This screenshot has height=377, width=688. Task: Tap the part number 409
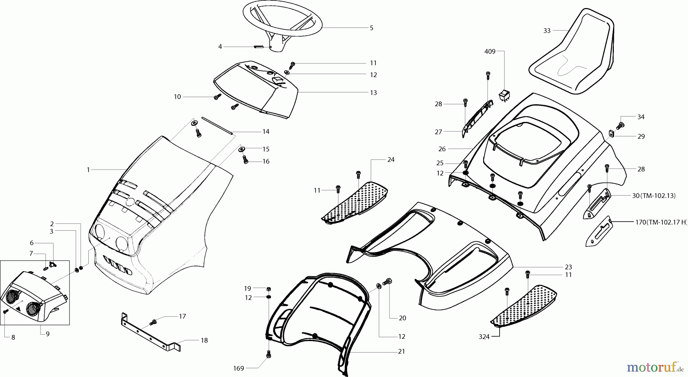490,52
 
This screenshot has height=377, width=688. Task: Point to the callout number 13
373,92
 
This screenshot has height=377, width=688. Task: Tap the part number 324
484,337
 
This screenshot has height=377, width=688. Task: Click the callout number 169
239,369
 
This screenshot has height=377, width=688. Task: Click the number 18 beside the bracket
204,340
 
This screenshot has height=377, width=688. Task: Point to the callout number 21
401,351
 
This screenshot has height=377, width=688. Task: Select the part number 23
568,267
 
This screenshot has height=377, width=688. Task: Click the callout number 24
391,160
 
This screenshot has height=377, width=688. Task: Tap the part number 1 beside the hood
88,170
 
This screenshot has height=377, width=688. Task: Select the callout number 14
266,131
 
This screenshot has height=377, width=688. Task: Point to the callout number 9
47,334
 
